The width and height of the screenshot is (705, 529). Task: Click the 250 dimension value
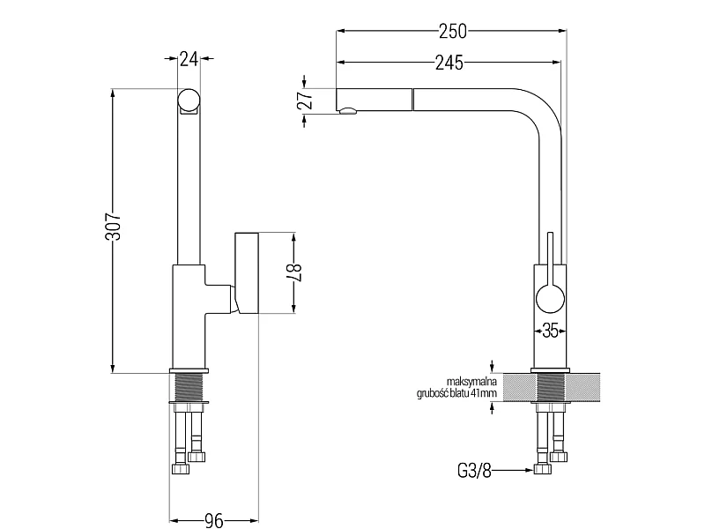pos(453,31)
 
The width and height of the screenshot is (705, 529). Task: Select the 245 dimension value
pos(449,63)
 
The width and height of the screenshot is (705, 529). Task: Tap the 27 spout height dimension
pos(305,101)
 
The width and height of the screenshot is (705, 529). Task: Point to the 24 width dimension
pos(189,58)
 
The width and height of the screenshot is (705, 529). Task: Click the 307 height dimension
pos(114,226)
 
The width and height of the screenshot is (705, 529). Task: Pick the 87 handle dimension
pos(294,272)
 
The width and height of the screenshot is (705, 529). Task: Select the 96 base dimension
pos(214,520)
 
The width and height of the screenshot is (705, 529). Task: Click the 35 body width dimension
pos(550,332)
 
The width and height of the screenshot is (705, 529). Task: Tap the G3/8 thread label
pos(474,471)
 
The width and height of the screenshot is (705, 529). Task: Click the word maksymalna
pos(471,383)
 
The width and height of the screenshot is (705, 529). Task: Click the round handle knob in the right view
pos(550,299)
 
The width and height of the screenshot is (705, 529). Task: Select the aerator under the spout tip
pos(347,111)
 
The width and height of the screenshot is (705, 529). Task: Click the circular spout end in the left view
pos(188,100)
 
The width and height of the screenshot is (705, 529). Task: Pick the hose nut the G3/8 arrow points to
pos(543,469)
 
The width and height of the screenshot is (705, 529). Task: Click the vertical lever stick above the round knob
pos(550,258)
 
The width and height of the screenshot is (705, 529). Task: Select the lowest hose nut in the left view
pos(181,469)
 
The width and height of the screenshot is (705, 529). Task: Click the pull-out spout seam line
pos(412,100)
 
